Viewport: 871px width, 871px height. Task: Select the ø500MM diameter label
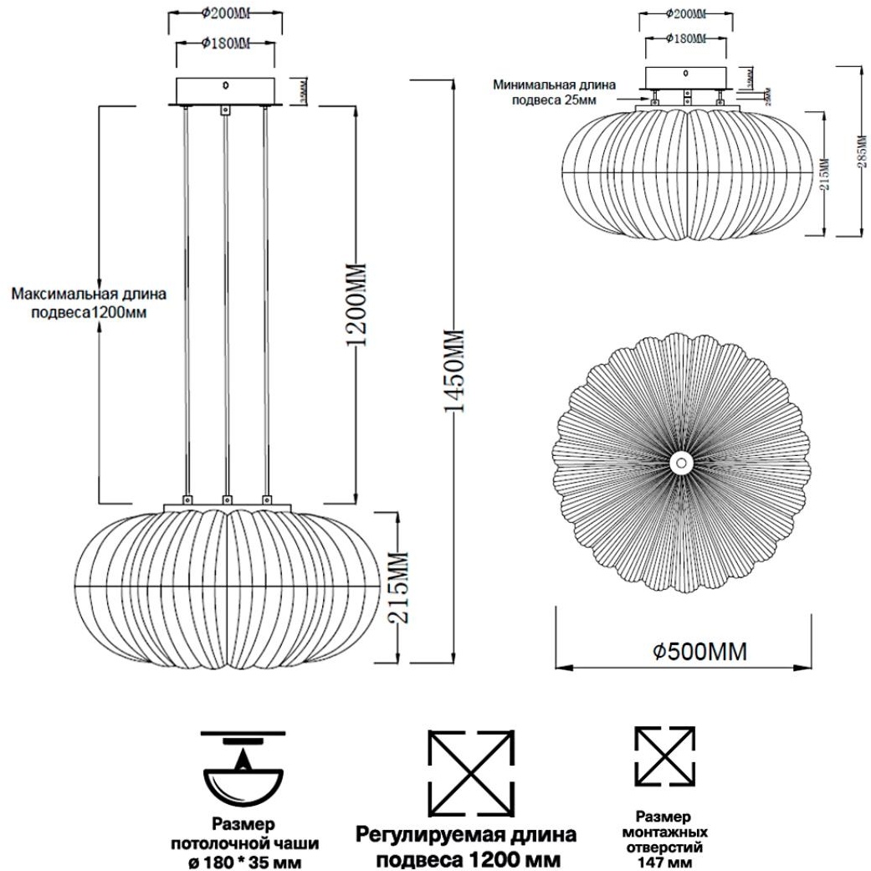click(699, 652)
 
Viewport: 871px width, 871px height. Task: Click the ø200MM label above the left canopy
click(226, 13)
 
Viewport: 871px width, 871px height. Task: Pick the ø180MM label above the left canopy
click(226, 43)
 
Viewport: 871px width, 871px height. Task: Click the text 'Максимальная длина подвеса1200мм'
click(88, 303)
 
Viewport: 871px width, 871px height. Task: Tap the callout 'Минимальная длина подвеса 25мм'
click(556, 92)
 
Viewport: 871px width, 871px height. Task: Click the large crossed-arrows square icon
click(470, 773)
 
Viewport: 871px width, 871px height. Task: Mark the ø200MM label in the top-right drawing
click(685, 14)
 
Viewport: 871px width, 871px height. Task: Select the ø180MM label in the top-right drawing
click(685, 38)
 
